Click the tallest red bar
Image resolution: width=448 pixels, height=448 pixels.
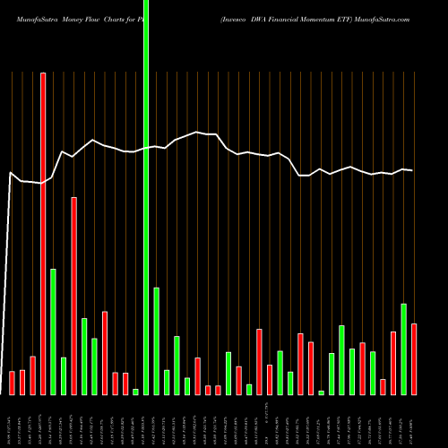click(x=43, y=233)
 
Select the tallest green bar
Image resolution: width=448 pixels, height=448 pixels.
click(x=146, y=197)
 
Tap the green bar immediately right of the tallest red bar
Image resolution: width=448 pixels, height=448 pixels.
click(x=53, y=332)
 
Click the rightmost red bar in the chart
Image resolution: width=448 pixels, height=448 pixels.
click(x=414, y=358)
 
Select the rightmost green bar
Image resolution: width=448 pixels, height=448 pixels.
click(x=403, y=349)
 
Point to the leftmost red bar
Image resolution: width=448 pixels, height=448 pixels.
click(x=13, y=383)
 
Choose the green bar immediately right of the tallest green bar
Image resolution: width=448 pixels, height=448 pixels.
click(x=156, y=340)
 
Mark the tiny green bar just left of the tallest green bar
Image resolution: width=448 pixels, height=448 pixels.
click(x=135, y=392)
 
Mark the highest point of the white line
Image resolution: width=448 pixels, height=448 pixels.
click(x=197, y=133)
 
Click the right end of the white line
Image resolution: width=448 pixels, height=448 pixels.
click(x=412, y=170)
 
